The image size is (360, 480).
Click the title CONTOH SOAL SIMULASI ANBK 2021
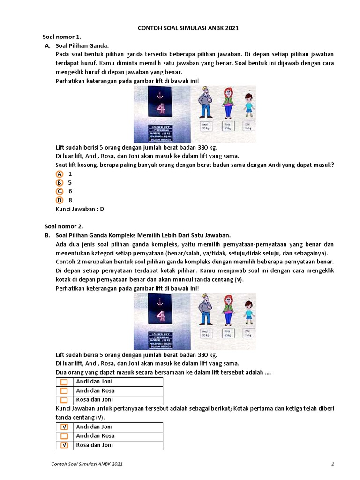pos(188,28)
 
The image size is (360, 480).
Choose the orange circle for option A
pos(60,173)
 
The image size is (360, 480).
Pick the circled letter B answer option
pos(60,182)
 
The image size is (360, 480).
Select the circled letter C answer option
pos(60,191)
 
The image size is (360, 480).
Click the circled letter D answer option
pos(60,200)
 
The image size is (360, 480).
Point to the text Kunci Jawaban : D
pos(79,209)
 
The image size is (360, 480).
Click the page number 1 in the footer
pos(332,464)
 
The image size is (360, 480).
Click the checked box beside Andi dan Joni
pos(64,427)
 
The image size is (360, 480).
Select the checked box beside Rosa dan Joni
pos(64,445)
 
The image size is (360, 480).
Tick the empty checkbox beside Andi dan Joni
pos(64,382)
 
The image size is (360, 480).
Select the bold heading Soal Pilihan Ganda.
pos(82,45)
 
